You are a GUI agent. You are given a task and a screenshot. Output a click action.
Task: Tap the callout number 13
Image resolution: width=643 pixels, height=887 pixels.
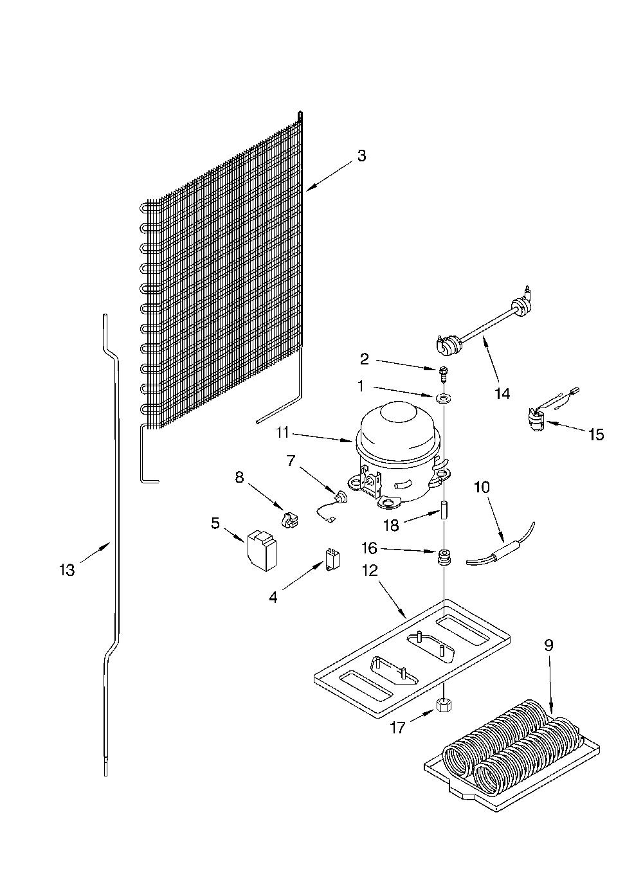tap(67, 571)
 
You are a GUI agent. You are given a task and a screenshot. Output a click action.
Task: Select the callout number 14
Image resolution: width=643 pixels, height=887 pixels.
tap(502, 394)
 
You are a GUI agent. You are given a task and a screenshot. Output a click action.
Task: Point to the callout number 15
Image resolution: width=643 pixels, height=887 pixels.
tap(596, 435)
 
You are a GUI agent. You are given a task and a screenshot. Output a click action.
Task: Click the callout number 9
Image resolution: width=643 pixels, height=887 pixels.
tap(548, 645)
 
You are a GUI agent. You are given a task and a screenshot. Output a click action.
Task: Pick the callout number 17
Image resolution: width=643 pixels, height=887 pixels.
tap(398, 728)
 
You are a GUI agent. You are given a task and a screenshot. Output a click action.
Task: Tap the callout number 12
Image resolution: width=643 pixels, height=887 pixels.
tap(369, 571)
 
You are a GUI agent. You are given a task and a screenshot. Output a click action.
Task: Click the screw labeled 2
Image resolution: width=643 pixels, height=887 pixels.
tap(442, 374)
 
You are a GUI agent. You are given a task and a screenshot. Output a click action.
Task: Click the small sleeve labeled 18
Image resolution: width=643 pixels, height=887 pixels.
tap(443, 510)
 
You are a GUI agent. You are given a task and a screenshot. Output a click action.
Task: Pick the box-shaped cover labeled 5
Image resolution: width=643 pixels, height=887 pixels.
tap(262, 550)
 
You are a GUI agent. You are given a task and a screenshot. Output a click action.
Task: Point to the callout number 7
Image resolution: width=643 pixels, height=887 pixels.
tap(291, 460)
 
